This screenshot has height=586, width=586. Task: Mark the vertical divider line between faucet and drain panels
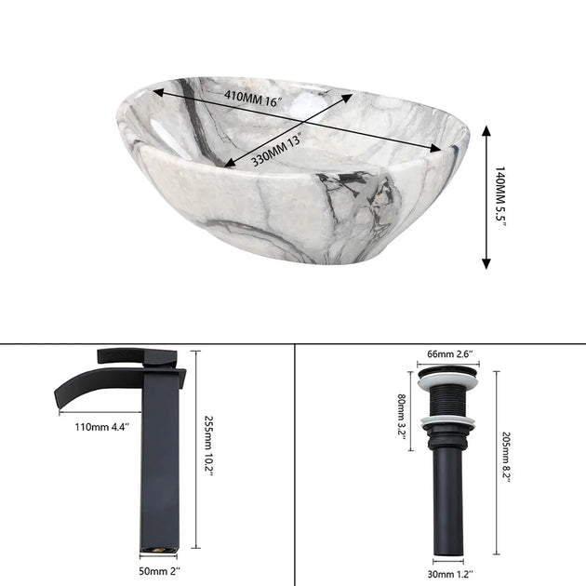pos(294,465)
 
